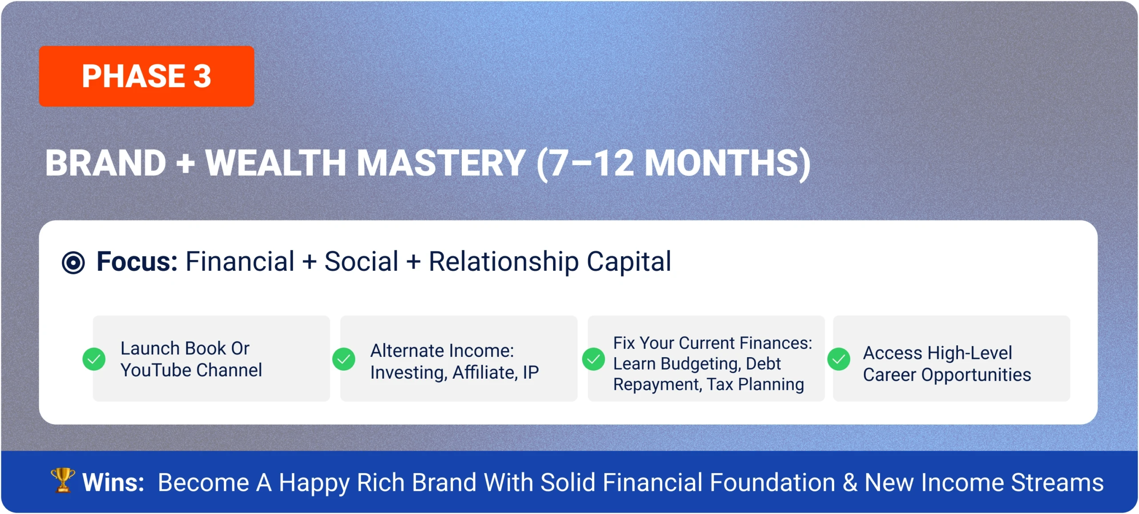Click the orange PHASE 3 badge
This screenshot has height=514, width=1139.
click(x=146, y=76)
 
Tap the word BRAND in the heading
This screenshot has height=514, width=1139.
click(x=106, y=163)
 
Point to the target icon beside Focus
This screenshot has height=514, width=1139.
click(x=73, y=262)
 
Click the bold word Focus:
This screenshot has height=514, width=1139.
click(x=137, y=261)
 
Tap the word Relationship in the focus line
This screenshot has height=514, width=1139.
click(x=504, y=262)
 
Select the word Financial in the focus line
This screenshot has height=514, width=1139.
click(x=240, y=261)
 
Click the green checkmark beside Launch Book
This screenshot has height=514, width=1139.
click(x=94, y=359)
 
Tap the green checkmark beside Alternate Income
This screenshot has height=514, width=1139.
click(x=343, y=359)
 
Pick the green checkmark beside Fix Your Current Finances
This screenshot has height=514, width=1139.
click(x=594, y=359)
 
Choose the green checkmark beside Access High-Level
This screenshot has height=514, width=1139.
click(x=839, y=359)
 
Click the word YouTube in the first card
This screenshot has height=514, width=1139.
click(x=156, y=370)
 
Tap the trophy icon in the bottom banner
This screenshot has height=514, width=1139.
click(x=63, y=480)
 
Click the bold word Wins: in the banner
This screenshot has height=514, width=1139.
click(x=113, y=482)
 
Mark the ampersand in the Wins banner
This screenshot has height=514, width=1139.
click(x=850, y=482)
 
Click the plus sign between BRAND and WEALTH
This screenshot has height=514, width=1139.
click(x=186, y=164)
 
